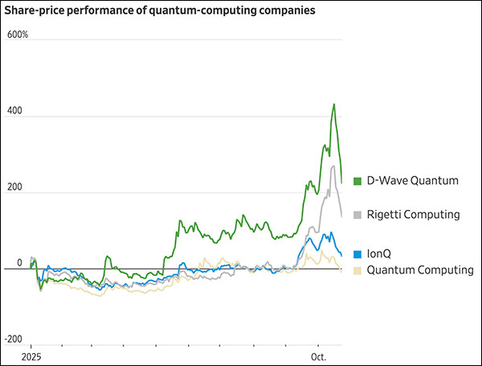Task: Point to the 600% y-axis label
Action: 18,35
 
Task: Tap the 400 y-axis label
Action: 14,112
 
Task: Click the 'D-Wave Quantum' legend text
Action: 413,181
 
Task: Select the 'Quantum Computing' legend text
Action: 420,270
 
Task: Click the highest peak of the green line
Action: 333,104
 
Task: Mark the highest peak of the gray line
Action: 333,166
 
